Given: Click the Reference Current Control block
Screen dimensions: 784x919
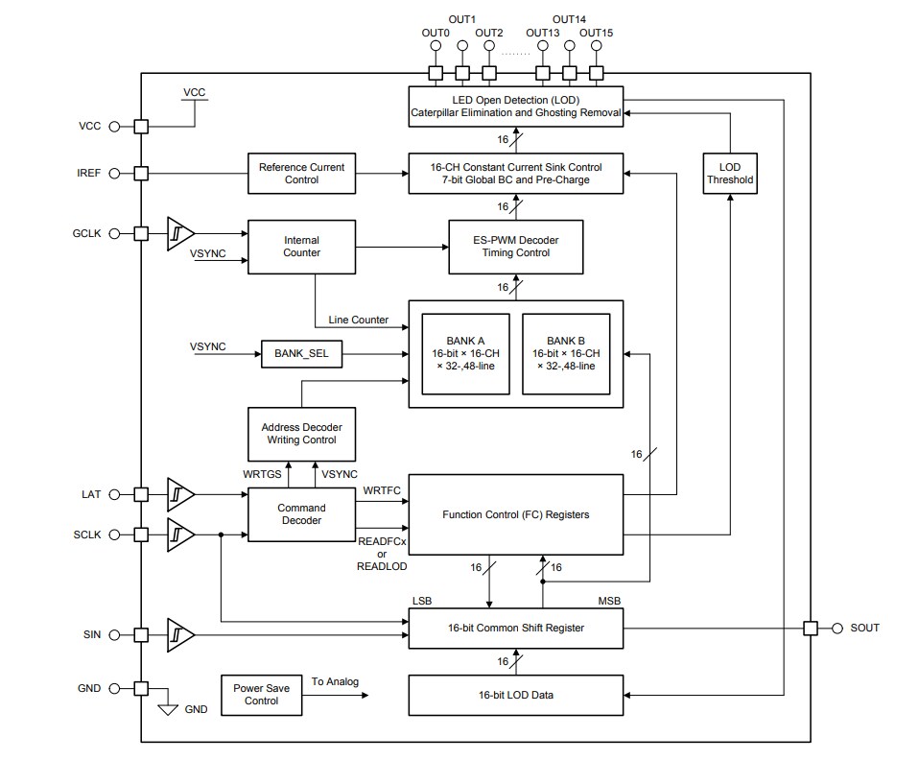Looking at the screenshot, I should coord(301,174).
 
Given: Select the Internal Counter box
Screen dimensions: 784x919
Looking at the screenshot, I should coord(301,247).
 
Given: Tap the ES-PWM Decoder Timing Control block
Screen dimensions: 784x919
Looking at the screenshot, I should coord(516,247).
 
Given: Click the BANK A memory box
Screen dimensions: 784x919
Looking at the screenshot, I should coord(465,353).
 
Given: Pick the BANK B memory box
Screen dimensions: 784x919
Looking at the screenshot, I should coord(565,353).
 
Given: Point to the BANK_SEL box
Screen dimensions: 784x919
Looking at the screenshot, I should coord(301,354).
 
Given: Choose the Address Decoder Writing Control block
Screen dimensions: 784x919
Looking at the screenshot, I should coord(301,433).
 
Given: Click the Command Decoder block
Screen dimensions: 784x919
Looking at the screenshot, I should coord(301,514).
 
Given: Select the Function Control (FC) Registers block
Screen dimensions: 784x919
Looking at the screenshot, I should coord(516,514).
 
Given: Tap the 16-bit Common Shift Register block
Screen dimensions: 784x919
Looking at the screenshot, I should coord(516,628).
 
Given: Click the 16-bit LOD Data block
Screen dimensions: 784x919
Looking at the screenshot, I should coord(516,695).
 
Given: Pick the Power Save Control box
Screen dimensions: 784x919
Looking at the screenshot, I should coord(261,695).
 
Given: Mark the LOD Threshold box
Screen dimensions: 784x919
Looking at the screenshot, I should coord(730,174).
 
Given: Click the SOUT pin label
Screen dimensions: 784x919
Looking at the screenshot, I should coord(864,628).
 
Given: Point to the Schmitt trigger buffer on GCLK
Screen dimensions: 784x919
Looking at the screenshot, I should coord(180,233).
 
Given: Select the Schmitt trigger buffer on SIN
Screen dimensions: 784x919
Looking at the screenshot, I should coord(180,634).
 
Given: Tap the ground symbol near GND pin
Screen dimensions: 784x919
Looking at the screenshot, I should coord(168,709).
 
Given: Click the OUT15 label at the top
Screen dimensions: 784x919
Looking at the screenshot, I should coord(596,33).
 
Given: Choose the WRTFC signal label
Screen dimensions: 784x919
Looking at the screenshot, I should coord(381,491).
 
